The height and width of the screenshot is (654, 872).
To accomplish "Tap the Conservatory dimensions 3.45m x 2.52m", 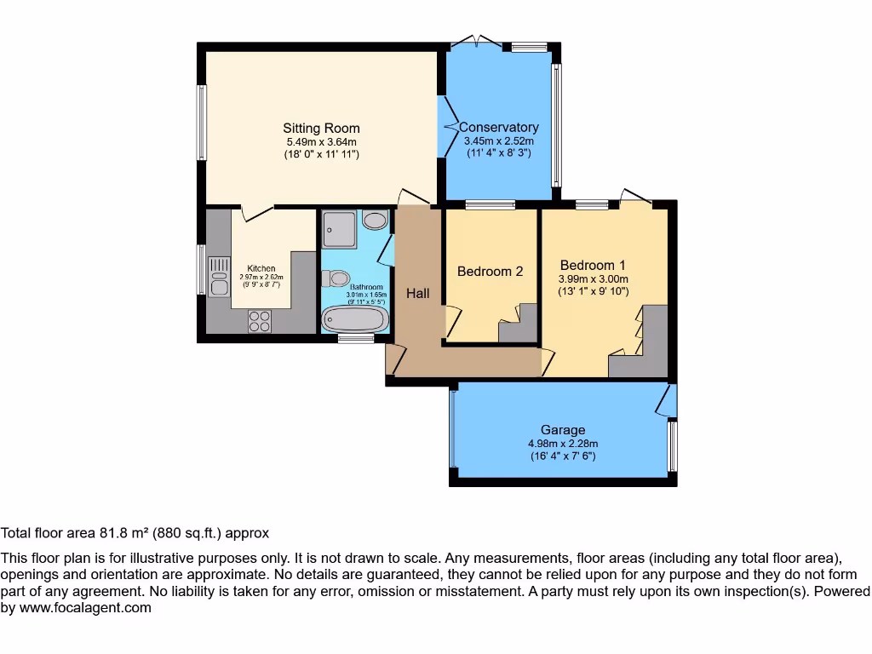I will (x=498, y=141).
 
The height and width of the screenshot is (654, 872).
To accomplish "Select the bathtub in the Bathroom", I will (x=354, y=318).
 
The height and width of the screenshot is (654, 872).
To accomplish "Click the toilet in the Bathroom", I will (x=336, y=278).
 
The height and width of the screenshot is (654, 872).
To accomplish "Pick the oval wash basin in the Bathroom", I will (x=374, y=221).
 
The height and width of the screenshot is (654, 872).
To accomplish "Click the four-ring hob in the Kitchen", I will (x=259, y=321).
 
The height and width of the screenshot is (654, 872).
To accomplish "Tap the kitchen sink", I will (x=219, y=276).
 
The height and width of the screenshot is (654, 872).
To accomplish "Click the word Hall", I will (x=417, y=294).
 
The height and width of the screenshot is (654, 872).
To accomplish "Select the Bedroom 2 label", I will (x=490, y=272).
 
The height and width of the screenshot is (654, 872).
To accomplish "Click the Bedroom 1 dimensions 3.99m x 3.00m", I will (x=593, y=278).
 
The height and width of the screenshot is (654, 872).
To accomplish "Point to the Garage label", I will (x=563, y=430).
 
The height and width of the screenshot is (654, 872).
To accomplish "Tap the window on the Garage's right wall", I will (x=672, y=445).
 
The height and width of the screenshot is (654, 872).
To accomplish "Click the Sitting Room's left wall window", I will (x=202, y=122).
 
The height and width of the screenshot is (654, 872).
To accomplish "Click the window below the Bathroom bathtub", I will (x=355, y=339).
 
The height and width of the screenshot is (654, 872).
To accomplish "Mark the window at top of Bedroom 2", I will (x=490, y=204).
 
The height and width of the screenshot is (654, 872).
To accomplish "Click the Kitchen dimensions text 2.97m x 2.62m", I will (x=261, y=278).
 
